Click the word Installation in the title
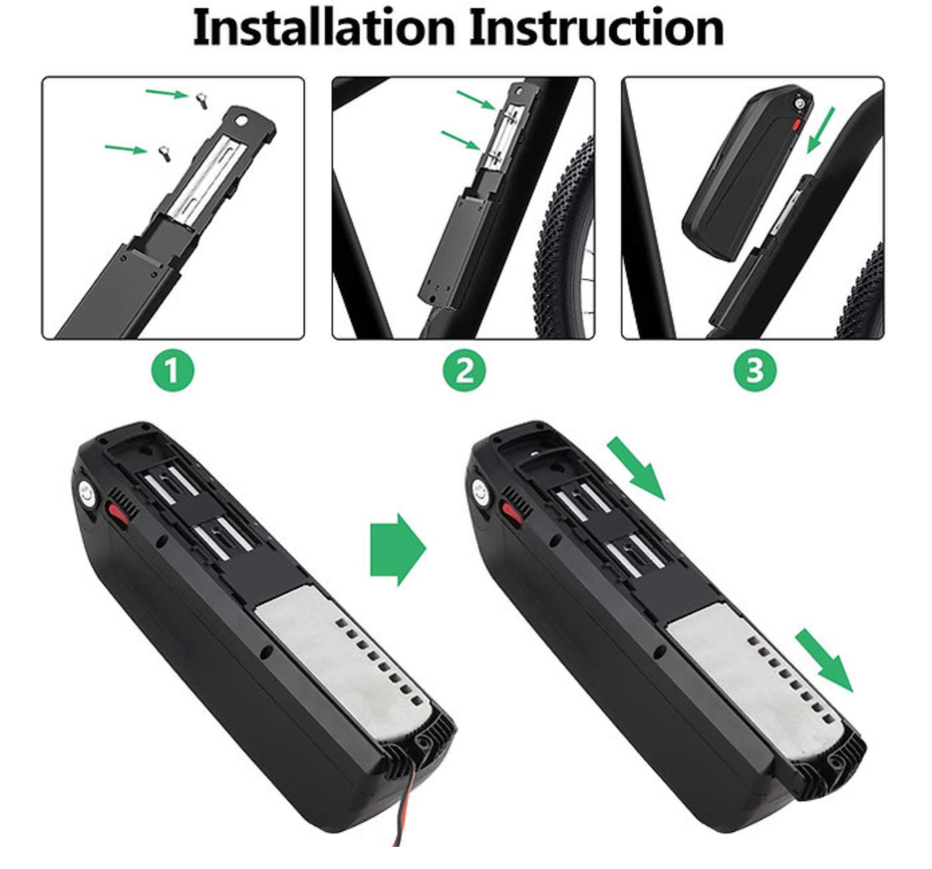[x=324, y=27]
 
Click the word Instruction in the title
[x=597, y=27]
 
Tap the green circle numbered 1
[x=172, y=371]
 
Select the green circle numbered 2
[x=464, y=371]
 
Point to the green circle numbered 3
[x=755, y=371]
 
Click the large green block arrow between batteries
[x=398, y=549]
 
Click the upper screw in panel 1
[x=202, y=101]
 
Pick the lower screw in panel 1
[x=163, y=153]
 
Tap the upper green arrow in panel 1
[x=167, y=93]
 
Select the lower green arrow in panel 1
[x=126, y=149]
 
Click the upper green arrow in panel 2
[x=476, y=100]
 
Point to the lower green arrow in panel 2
[x=461, y=141]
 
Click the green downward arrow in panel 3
[x=820, y=130]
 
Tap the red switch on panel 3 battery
[x=797, y=125]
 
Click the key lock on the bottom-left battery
[x=87, y=494]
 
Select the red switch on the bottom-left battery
[x=119, y=513]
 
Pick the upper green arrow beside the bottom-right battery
[x=637, y=468]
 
